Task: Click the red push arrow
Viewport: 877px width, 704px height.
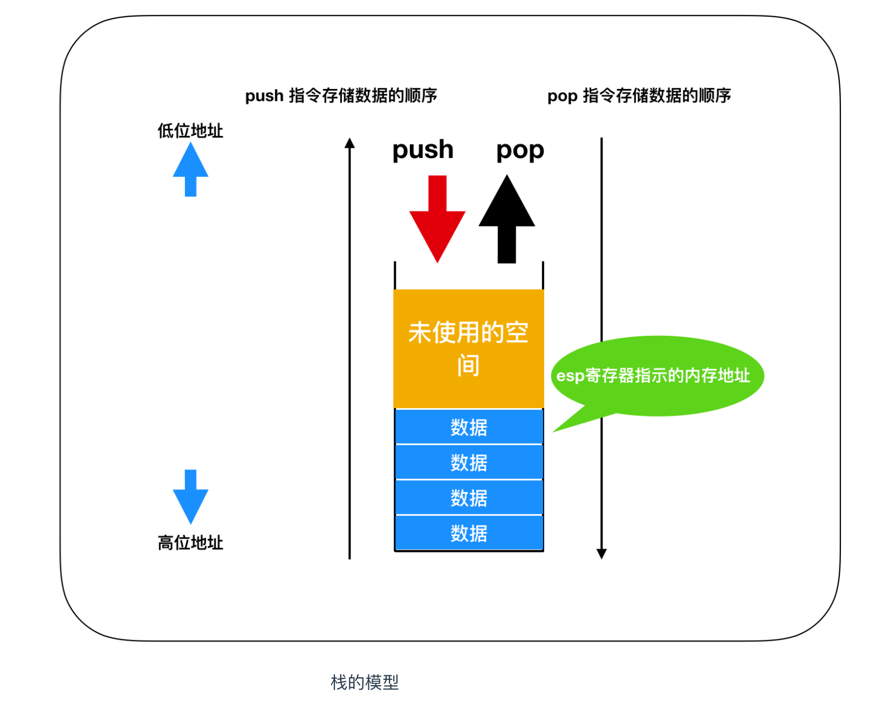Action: pos(437,220)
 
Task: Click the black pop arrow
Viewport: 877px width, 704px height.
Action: pos(506,220)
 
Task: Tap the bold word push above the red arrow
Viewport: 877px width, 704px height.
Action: pos(423,150)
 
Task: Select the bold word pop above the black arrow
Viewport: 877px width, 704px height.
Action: pos(520,151)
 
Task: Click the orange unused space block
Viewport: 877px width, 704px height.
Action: pos(468,349)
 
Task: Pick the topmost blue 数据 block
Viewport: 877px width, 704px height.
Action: pos(469,426)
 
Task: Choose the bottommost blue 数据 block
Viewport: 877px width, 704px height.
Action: pos(469,533)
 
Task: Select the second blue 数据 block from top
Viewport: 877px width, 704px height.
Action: pos(469,462)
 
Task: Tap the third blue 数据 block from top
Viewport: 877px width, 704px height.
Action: pos(469,498)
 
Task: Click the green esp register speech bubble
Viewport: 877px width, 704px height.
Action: pos(656,376)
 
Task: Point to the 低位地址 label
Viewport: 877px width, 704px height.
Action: pos(190,131)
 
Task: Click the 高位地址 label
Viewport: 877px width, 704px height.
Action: pos(190,543)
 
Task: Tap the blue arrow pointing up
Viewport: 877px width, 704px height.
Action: pos(190,169)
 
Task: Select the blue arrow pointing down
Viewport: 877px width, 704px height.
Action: pos(190,497)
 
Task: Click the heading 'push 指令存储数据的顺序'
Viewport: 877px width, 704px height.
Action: pos(341,96)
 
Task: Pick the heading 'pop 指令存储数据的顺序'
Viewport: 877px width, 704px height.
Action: pos(639,96)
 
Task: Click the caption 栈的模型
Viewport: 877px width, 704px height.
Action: pos(364,682)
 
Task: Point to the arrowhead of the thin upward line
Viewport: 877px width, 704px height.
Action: pos(350,143)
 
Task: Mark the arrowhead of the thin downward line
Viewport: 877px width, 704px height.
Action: pos(601,554)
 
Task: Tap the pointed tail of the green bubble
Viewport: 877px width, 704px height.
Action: pos(553,432)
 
